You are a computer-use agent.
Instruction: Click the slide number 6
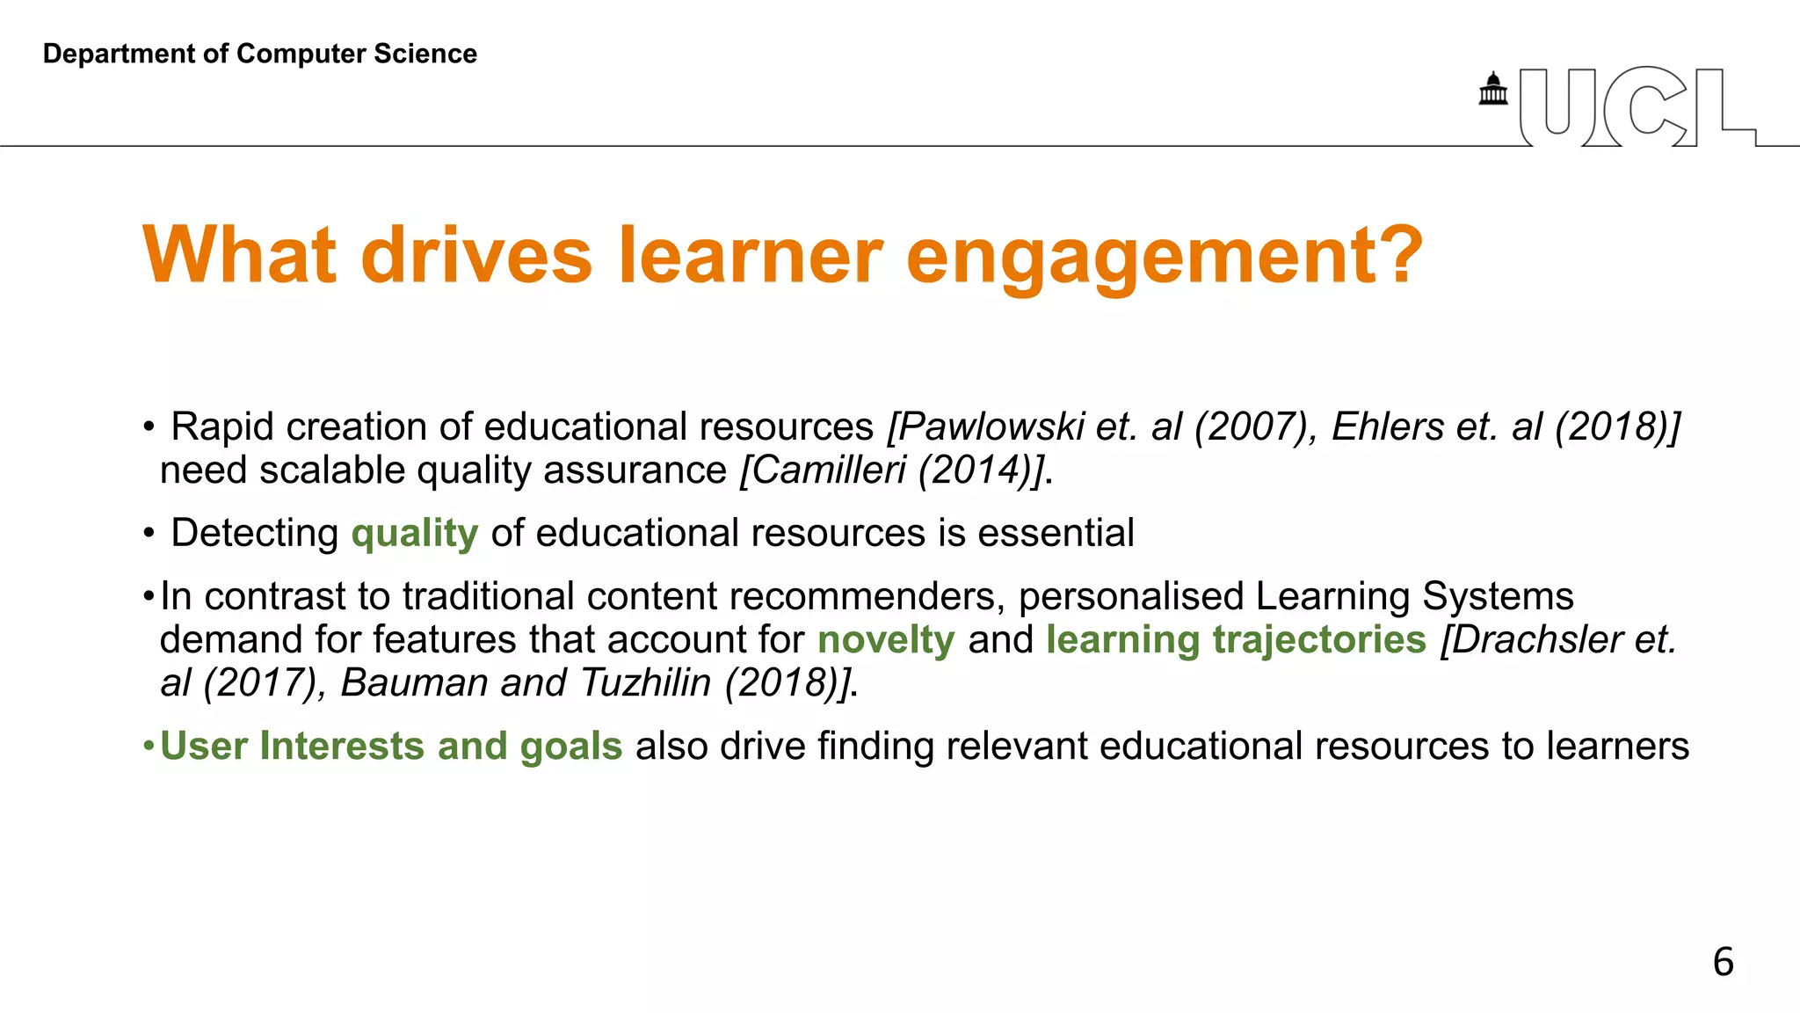pyautogui.click(x=1723, y=961)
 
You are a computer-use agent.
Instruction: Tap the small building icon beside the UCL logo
pyautogui.click(x=1492, y=89)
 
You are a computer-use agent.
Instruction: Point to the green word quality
pyautogui.click(x=414, y=534)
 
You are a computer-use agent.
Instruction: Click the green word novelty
pyautogui.click(x=885, y=639)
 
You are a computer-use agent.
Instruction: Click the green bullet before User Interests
pyautogui.click(x=149, y=747)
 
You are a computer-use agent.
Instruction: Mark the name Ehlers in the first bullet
pyautogui.click(x=1388, y=426)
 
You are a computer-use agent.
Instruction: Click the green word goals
pyautogui.click(x=570, y=747)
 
